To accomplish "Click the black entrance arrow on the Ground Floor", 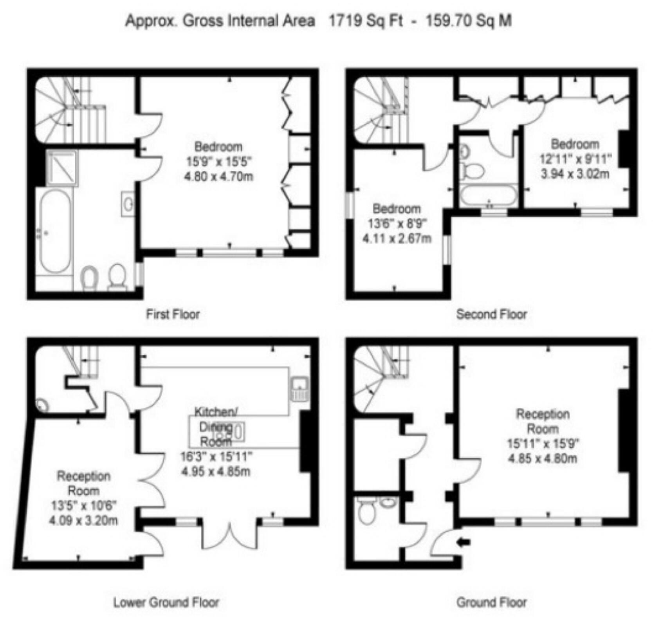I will point(464,542).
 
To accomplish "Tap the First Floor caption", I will point(173,314).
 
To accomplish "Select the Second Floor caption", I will point(491,314).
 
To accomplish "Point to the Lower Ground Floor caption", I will point(166,602).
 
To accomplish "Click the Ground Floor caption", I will point(491,602).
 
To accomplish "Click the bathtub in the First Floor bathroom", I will point(56,231).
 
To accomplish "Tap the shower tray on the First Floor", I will point(61,168).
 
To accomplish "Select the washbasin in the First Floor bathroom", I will point(128,204).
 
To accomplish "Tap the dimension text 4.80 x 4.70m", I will point(219,176).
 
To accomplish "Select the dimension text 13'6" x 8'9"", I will point(397,224).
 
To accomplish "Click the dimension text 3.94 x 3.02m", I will point(575,173).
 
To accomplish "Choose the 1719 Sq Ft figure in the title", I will point(366,20).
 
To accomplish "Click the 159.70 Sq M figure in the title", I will point(468,20).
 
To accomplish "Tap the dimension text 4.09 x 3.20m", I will point(83,520).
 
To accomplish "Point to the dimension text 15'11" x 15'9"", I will point(543,443).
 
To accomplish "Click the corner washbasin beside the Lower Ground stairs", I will point(41,405).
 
